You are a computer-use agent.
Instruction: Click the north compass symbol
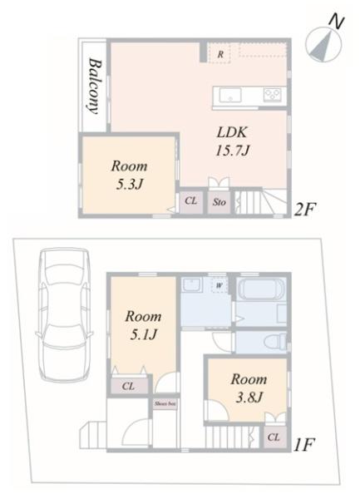pyautogui.click(x=323, y=41)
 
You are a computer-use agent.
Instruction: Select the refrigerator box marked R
pyautogui.click(x=219, y=53)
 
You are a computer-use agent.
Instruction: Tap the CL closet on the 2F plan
pyautogui.click(x=190, y=200)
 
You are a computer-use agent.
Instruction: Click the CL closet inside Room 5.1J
pyautogui.click(x=128, y=386)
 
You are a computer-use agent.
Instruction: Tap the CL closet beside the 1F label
pyautogui.click(x=274, y=436)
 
